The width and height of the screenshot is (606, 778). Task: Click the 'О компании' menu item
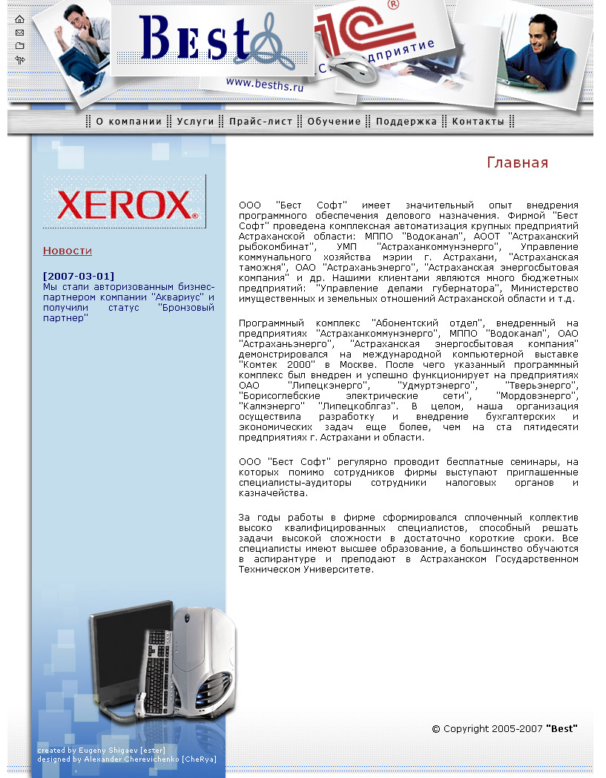128,122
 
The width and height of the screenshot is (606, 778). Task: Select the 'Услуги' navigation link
195,122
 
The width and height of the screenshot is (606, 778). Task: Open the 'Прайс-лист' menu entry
260,122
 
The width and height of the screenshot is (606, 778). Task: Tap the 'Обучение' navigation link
334,122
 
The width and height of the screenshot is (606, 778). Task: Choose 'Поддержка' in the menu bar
406,122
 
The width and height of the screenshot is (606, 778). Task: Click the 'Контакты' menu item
478,122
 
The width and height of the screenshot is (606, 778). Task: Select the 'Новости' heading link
67,251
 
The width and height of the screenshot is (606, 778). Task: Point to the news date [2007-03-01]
79,277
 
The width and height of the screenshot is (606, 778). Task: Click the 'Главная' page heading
517,162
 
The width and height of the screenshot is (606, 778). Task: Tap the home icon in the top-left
19,19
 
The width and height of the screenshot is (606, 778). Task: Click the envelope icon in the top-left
19,33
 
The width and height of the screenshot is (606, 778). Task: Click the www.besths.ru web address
265,83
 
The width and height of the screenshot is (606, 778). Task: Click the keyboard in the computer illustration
157,671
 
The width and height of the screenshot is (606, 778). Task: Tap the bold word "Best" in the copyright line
561,729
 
